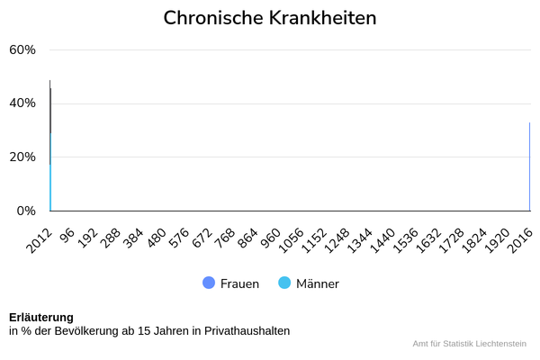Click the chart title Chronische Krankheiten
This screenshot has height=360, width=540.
click(x=270, y=18)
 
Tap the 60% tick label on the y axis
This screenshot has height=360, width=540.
click(x=22, y=49)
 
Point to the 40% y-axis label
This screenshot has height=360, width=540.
click(x=22, y=103)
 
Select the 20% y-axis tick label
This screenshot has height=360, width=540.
click(x=22, y=157)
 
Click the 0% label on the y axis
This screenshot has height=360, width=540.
click(x=27, y=211)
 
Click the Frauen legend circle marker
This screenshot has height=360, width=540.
click(x=209, y=283)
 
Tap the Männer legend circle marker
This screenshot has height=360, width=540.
click(x=284, y=283)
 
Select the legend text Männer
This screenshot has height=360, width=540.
click(x=318, y=283)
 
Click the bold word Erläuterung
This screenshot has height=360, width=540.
click(x=41, y=317)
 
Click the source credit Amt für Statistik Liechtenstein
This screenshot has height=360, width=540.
click(x=469, y=344)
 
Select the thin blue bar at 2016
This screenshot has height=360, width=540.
click(x=529, y=166)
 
